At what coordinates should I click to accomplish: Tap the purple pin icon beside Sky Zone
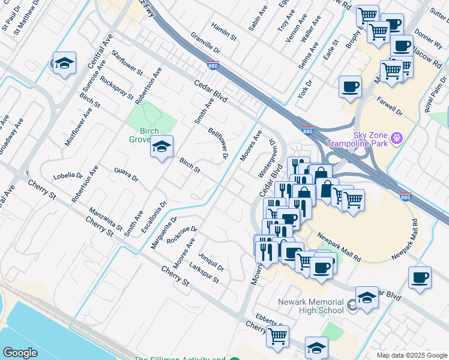pyautogui.click(x=396, y=139)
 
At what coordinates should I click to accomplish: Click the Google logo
pyautogui.click(x=20, y=353)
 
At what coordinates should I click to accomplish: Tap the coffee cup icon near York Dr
pyautogui.click(x=349, y=87)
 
